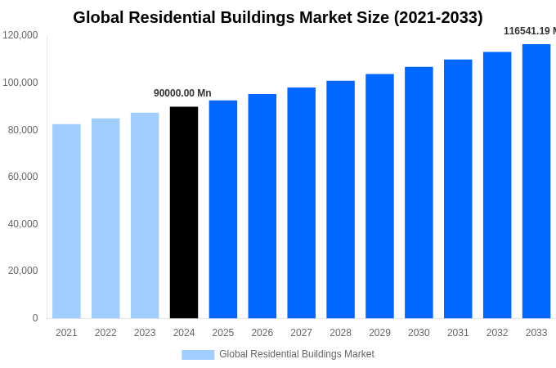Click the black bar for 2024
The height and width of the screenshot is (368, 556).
[x=184, y=213]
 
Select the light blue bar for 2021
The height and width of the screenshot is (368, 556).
[x=66, y=221]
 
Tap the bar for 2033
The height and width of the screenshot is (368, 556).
[x=536, y=181]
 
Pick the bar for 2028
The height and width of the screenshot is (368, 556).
[x=340, y=200]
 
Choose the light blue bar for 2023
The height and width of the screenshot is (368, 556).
[x=145, y=215]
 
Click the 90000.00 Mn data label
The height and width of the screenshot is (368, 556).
[x=182, y=93]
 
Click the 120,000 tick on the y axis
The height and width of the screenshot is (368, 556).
[x=20, y=35]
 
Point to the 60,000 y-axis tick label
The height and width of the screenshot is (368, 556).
[x=23, y=177]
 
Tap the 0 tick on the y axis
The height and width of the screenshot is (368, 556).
[x=35, y=318]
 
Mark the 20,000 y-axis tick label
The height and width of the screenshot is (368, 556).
[x=23, y=271]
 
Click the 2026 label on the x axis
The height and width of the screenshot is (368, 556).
[x=262, y=333]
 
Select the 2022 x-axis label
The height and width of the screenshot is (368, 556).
[x=105, y=333]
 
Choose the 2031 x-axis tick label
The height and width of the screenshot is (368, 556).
[x=458, y=333]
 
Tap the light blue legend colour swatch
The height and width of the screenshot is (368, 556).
[x=198, y=355]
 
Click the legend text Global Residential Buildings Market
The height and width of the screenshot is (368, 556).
[x=297, y=354]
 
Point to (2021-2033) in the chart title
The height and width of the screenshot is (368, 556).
[x=438, y=17]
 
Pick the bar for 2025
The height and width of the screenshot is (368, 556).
[x=223, y=209]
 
